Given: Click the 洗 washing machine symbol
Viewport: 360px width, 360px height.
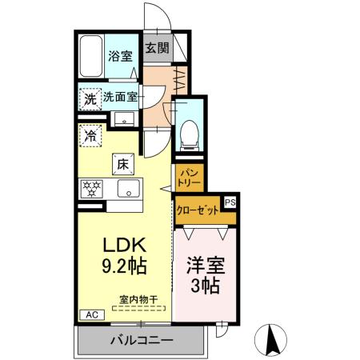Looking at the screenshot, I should (90, 99).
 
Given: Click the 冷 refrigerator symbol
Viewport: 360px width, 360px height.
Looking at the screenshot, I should (90, 135).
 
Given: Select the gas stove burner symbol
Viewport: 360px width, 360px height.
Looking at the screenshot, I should (91, 190).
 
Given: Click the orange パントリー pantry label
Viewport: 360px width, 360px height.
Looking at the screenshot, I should (189, 177).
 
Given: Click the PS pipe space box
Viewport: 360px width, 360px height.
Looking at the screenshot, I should (230, 203).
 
